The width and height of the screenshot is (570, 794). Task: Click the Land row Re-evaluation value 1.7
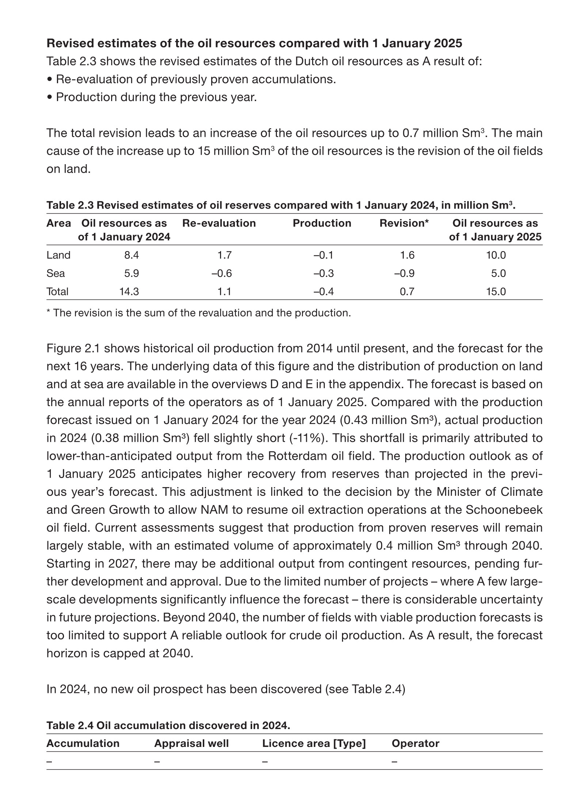pos(224,255)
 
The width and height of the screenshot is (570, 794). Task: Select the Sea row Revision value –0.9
pos(404,273)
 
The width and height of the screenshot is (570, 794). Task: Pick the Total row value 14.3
pos(129,292)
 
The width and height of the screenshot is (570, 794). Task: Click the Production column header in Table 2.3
pos(322,223)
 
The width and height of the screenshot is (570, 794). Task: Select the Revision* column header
pos(404,223)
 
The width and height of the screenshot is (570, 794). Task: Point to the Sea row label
pos(56,273)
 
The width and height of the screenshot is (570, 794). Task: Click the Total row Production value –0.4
pos(323,292)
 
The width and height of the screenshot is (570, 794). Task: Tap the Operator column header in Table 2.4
pos(415,743)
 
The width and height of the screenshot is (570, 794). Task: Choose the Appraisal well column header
pos(191,743)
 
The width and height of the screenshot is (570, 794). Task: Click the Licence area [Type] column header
pos(314,743)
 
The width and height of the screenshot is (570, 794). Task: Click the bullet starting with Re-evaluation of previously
pos(191,79)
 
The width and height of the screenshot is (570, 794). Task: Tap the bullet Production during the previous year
pos(152,97)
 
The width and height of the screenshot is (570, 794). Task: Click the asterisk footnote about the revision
pos(198,313)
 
